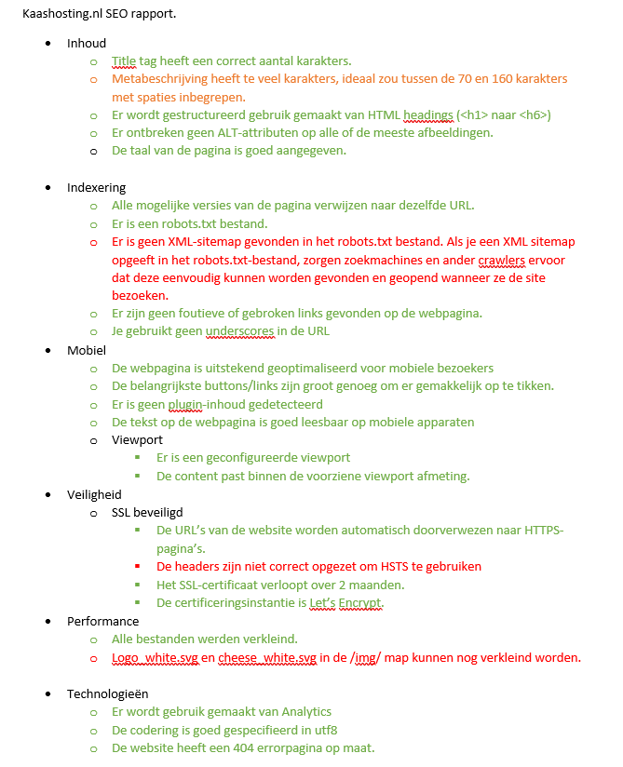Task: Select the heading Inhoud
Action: [x=87, y=43]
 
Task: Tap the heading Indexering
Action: [x=96, y=187]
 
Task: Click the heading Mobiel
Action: [x=88, y=349]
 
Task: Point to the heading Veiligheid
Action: [x=94, y=494]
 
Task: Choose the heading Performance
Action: [x=102, y=621]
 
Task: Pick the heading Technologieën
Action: [x=107, y=693]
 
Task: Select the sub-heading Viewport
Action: [x=137, y=440]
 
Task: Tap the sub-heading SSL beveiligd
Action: [x=147, y=513]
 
